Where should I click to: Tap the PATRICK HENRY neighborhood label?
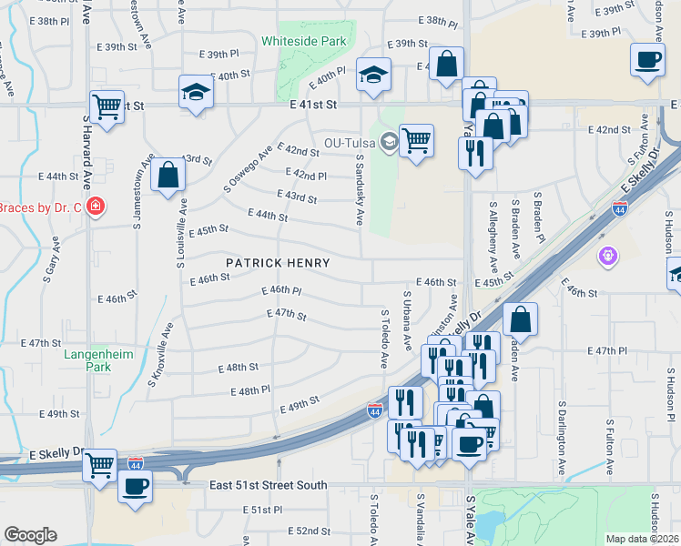pos(278,262)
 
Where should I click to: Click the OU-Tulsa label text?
pos(351,143)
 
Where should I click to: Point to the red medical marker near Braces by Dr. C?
pos(96,207)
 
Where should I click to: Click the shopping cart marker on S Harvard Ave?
pos(107,107)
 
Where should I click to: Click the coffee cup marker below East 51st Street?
pos(136,487)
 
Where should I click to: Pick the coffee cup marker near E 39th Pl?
pos(648,60)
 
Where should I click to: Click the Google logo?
pos(30,534)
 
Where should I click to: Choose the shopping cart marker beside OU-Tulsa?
pos(416,141)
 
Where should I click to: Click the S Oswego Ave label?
pos(249,169)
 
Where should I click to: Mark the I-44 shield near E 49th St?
pos(374,411)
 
